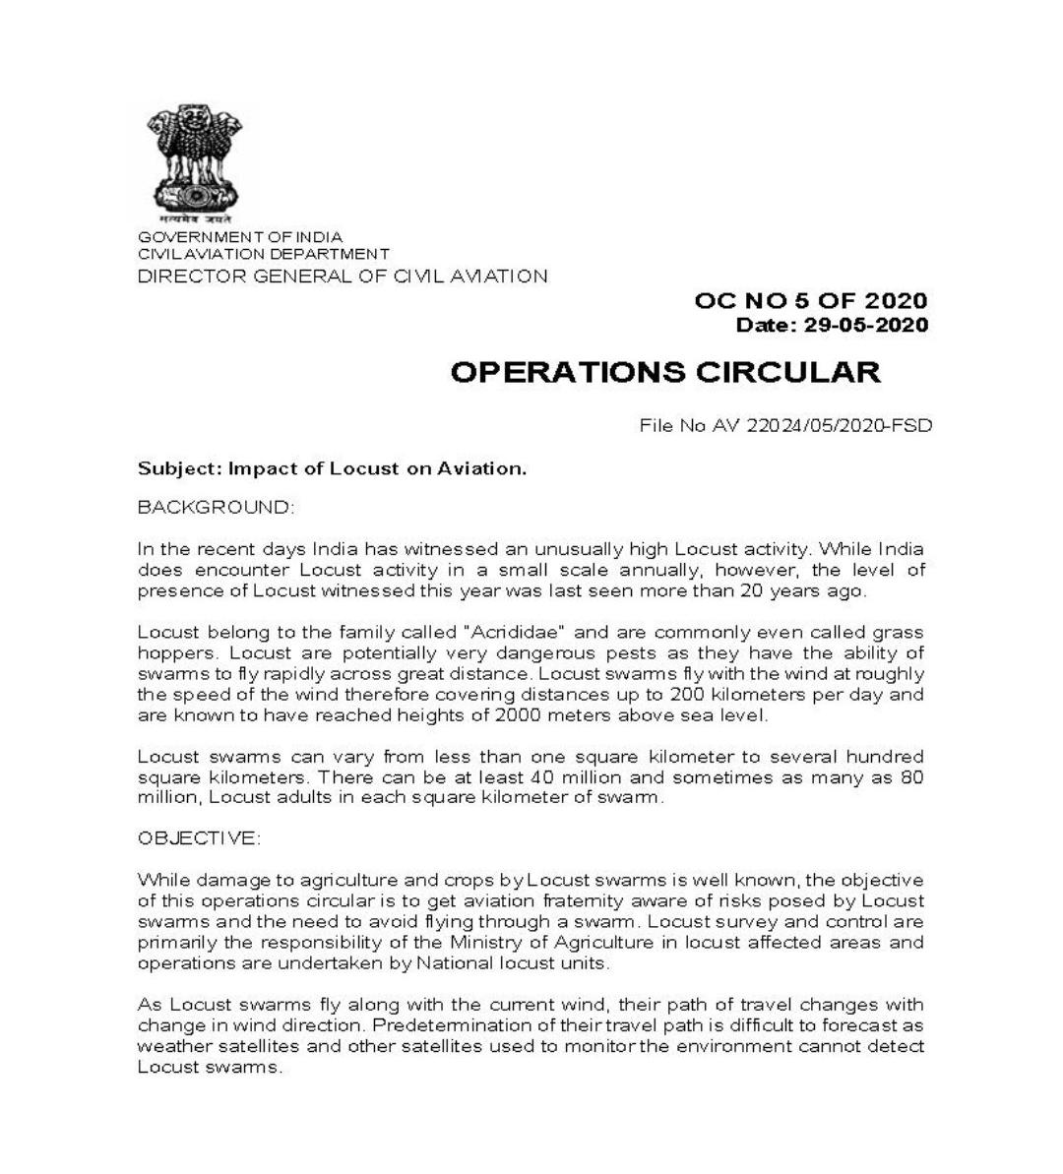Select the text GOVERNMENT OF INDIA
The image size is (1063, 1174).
pyautogui.click(x=240, y=237)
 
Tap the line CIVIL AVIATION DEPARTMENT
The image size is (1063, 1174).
pyautogui.click(x=263, y=254)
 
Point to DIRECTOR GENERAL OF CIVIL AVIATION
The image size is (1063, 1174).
pyautogui.click(x=343, y=277)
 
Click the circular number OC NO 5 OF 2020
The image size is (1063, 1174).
pyautogui.click(x=810, y=301)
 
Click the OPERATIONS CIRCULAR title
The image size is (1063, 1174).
pyautogui.click(x=665, y=372)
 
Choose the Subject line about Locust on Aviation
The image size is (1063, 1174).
pyautogui.click(x=332, y=468)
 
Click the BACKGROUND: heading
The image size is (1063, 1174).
pyautogui.click(x=216, y=508)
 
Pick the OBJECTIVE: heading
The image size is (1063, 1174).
pyautogui.click(x=199, y=838)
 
